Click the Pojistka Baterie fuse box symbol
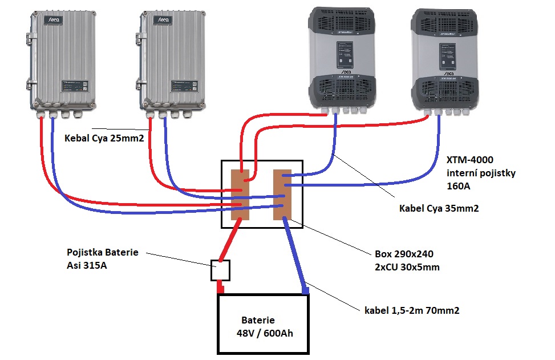(220, 270)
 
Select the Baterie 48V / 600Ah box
(263, 324)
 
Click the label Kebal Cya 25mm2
(104, 139)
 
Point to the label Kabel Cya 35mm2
(439, 209)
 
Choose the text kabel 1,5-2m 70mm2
(412, 311)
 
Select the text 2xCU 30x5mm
(407, 267)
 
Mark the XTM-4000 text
(467, 161)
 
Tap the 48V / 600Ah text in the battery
(265, 333)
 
